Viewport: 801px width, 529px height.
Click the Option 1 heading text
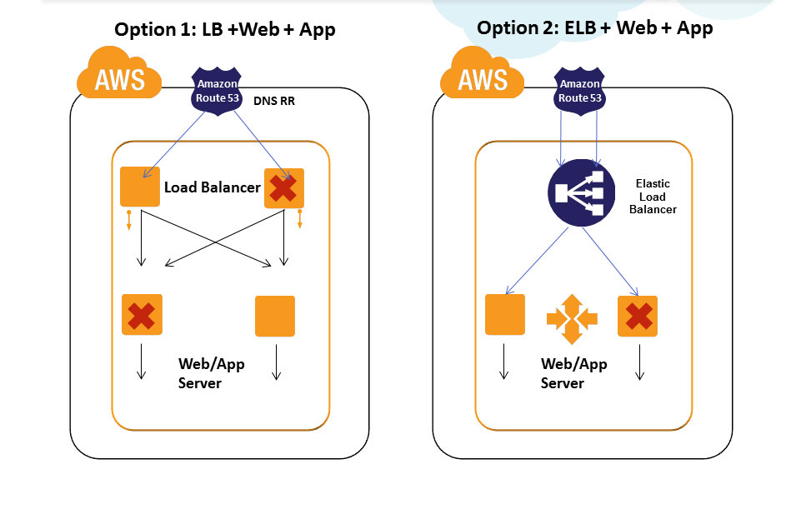click(225, 30)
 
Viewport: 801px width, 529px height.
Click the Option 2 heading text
click(594, 27)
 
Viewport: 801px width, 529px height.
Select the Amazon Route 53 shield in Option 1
click(217, 90)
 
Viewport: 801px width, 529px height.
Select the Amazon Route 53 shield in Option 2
click(579, 90)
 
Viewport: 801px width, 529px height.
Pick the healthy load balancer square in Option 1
click(140, 187)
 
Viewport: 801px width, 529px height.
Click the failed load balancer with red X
click(283, 188)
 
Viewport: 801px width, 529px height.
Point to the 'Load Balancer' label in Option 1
click(212, 187)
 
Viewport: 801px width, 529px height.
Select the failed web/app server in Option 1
click(142, 315)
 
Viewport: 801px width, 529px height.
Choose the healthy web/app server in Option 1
click(275, 316)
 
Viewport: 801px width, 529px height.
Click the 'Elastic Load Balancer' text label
click(653, 197)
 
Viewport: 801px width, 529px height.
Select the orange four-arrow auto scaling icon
click(572, 317)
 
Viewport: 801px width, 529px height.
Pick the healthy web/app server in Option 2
click(505, 314)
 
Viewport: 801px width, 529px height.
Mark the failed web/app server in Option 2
click(638, 316)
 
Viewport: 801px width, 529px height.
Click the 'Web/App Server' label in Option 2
click(573, 373)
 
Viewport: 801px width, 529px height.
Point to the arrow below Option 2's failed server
click(640, 362)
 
